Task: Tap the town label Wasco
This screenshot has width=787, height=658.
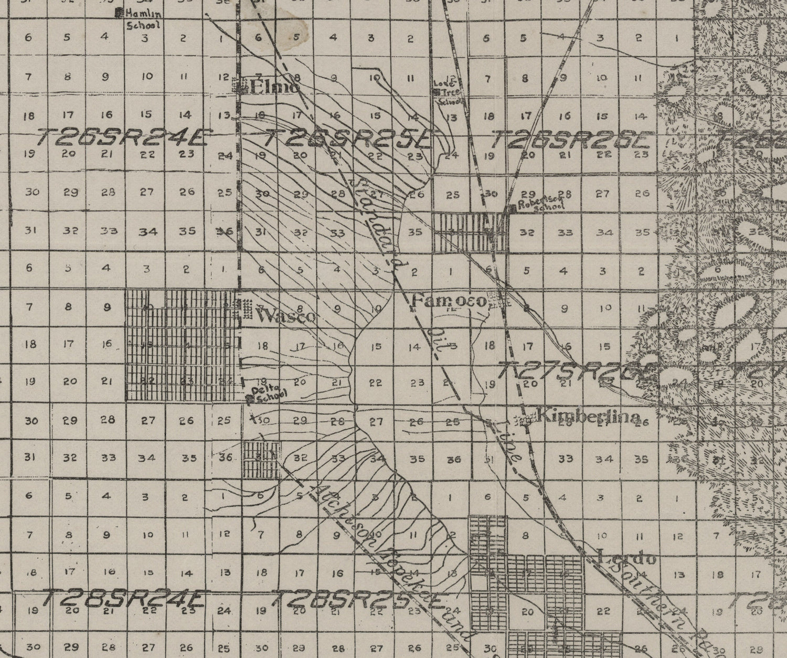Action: (x=286, y=316)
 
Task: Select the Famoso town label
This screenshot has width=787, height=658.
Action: (x=450, y=302)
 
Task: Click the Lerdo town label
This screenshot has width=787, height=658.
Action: (x=626, y=558)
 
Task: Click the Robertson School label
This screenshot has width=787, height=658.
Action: (x=540, y=206)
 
